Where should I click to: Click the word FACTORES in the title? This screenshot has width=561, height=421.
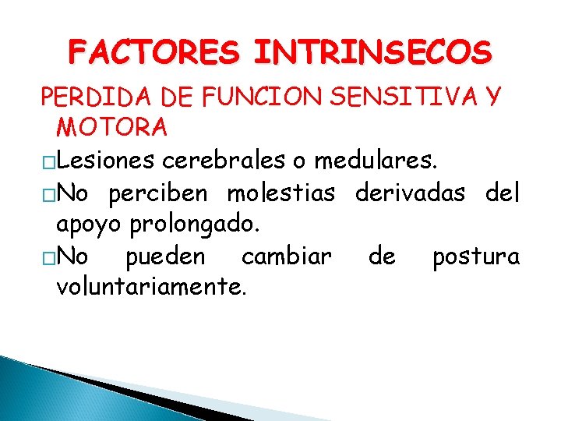pyautogui.click(x=153, y=54)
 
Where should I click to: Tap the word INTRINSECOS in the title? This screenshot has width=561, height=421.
pyautogui.click(x=372, y=54)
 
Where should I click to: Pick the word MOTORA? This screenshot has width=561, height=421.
pyautogui.click(x=111, y=126)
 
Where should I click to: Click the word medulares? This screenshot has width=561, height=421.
pyautogui.click(x=376, y=161)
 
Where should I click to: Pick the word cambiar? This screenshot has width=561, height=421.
pyautogui.click(x=287, y=256)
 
